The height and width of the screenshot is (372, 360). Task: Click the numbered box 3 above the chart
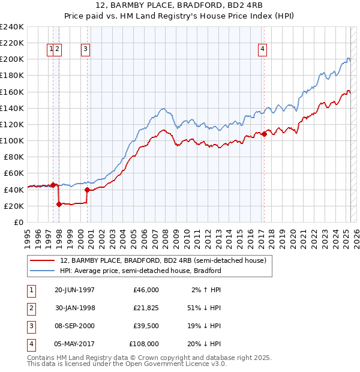tap(86, 50)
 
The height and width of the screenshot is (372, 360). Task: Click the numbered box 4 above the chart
tap(263, 50)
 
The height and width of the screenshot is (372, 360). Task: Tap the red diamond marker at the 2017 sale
tap(264, 134)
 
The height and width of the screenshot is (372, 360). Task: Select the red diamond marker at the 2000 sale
tap(88, 190)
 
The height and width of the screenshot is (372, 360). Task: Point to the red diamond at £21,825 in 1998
tap(59, 205)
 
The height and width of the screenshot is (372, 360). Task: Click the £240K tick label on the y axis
tap(12, 27)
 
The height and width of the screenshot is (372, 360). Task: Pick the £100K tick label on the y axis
tap(12, 140)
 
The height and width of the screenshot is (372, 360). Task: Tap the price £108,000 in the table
tap(144, 344)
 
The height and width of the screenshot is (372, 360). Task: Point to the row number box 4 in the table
tap(31, 344)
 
